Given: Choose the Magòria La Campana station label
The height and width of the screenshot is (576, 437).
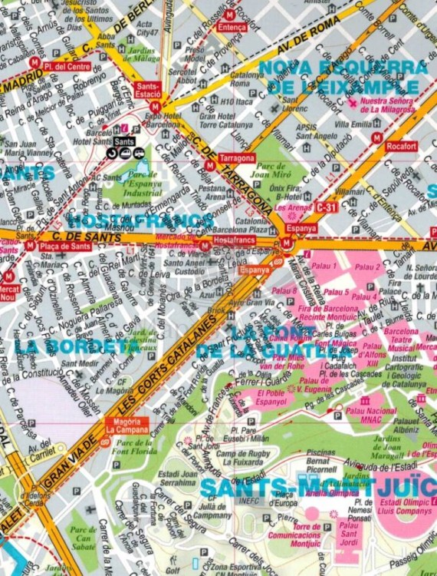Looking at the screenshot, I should pyautogui.click(x=127, y=425).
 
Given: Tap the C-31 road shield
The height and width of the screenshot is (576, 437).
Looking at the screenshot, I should pyautogui.click(x=327, y=207).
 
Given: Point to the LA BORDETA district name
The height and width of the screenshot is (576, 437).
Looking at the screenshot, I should pyautogui.click(x=73, y=346).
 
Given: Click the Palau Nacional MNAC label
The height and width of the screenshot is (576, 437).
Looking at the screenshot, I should pyautogui.click(x=371, y=415).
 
